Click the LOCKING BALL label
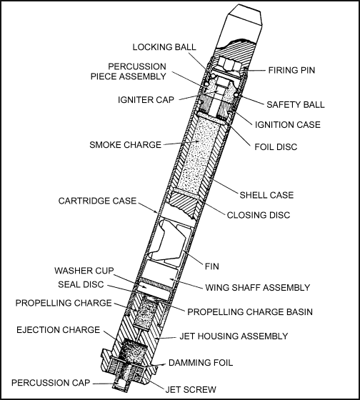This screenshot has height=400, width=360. (x=164, y=47)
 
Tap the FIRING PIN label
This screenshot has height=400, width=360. (x=291, y=70)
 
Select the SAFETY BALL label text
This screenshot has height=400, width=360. (x=296, y=104)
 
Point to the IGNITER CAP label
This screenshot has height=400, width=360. (x=146, y=100)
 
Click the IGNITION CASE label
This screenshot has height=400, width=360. (x=288, y=125)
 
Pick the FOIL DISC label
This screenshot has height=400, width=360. (x=276, y=147)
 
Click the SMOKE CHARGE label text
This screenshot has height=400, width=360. (x=125, y=145)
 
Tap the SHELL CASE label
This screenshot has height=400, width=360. (x=266, y=195)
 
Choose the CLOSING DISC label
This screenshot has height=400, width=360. (x=259, y=215)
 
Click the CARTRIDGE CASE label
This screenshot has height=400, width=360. (x=97, y=201)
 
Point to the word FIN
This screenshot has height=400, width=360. (x=212, y=266)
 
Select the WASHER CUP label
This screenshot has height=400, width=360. (x=84, y=271)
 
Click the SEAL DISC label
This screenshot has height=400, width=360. (x=81, y=284)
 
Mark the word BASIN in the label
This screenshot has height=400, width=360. (x=297, y=311)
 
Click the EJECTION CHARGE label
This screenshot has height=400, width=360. (x=58, y=330)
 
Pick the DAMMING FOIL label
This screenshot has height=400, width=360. (x=201, y=363)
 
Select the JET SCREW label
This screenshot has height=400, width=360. (x=191, y=389)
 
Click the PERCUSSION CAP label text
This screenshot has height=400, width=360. (x=51, y=383)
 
